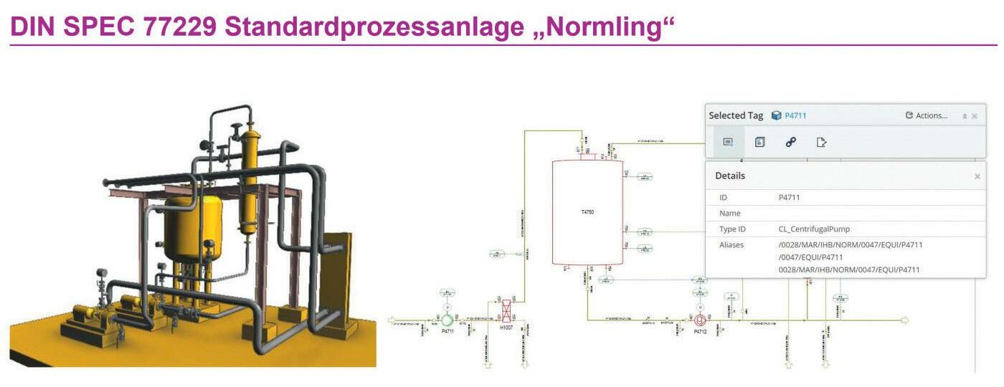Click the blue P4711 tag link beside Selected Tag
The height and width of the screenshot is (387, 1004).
coord(795,115)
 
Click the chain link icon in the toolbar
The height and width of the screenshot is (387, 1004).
coord(790,143)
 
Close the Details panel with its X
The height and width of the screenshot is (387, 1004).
coord(977,176)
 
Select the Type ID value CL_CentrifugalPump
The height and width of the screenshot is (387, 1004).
coord(814,229)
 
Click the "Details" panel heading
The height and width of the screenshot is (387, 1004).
coord(730,176)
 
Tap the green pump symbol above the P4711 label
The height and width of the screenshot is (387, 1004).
coord(447,320)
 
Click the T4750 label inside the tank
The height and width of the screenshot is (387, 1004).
coord(587,213)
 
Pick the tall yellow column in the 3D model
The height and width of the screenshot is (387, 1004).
coord(250,179)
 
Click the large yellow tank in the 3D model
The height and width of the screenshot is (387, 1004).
coord(192,229)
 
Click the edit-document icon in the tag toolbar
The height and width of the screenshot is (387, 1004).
coord(822,143)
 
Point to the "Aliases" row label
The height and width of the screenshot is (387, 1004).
coord(731,245)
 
